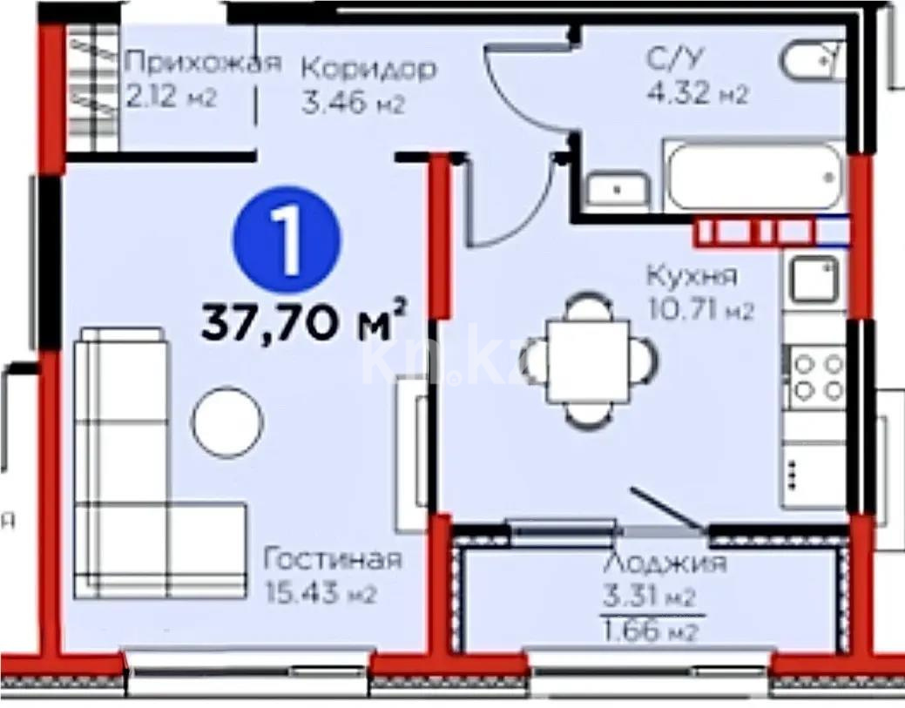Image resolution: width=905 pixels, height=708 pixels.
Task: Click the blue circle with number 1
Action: coord(287,239)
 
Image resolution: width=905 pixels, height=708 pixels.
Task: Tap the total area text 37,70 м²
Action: coord(305,322)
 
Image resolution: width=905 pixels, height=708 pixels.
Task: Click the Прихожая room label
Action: coord(204,63)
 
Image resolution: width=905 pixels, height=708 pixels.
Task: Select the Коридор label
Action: coord(368,68)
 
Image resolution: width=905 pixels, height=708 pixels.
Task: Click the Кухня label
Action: coord(691,277)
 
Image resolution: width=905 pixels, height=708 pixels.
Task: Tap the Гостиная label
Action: coord(333,559)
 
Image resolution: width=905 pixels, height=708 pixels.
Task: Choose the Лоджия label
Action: coord(664,563)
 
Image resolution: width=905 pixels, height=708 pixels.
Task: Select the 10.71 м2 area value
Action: coord(699,310)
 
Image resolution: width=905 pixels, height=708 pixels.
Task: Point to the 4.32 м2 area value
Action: coord(696,93)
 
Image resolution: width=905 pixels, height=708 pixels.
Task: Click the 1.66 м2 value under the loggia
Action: coord(651,630)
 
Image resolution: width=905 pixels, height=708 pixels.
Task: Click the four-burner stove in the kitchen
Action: coord(817,376)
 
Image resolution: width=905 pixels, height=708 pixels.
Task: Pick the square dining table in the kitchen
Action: coord(588,359)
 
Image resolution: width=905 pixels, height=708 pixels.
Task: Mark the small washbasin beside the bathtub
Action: coord(617,187)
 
